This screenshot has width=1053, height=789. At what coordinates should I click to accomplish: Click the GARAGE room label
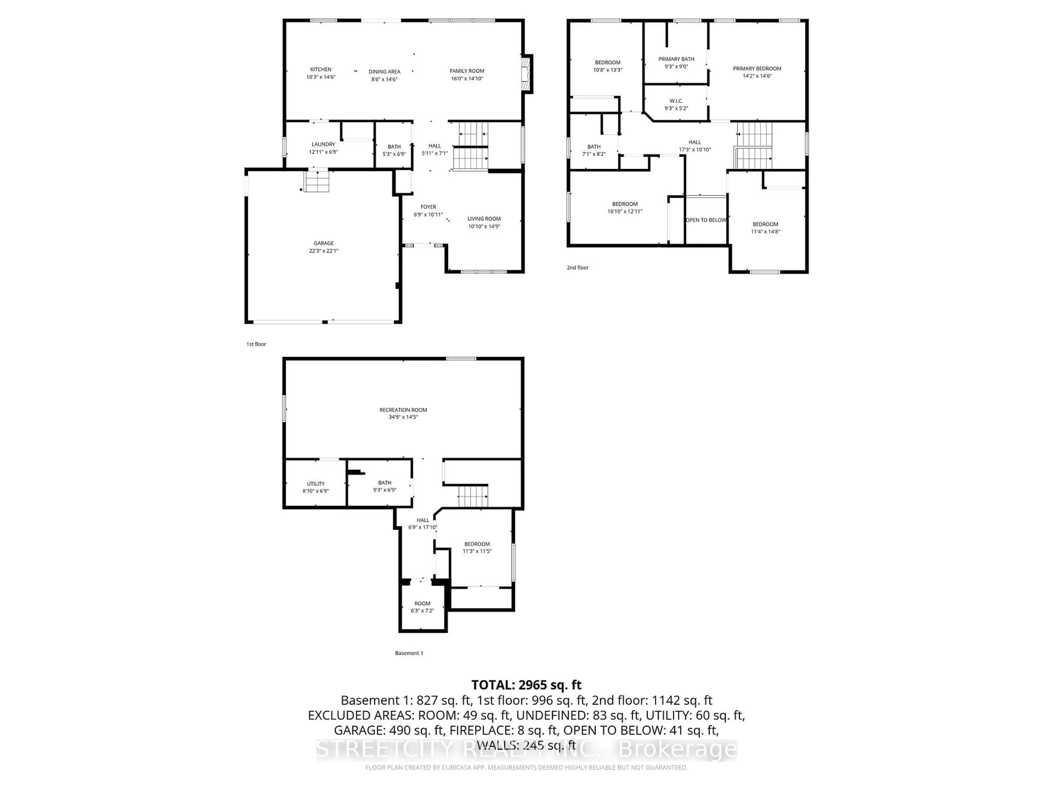(323, 243)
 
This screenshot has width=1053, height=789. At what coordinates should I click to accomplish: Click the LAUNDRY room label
(323, 144)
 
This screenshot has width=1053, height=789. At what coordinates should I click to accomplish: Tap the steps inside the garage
(316, 182)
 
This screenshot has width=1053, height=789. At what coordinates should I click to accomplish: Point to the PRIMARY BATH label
(676, 59)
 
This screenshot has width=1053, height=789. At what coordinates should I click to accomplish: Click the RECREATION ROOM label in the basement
(403, 410)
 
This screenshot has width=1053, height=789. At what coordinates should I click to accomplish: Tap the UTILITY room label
(316, 484)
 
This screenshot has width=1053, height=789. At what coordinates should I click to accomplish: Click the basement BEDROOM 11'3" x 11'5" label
(477, 547)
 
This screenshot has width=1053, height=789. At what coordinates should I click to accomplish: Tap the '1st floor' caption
(256, 344)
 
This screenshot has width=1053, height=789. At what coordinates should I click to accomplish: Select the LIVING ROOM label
(484, 219)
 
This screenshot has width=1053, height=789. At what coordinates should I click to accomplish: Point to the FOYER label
(428, 207)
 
